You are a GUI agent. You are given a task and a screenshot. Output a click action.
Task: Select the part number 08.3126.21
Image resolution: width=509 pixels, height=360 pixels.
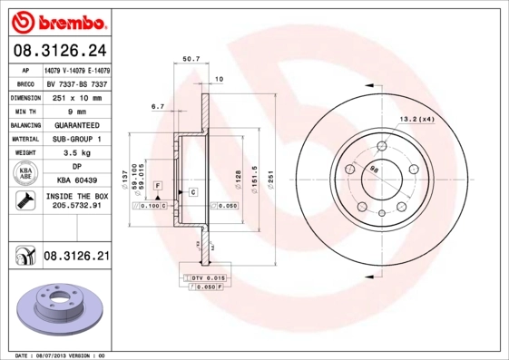75,258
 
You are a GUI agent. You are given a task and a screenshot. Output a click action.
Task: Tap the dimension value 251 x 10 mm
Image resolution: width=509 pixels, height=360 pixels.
75,96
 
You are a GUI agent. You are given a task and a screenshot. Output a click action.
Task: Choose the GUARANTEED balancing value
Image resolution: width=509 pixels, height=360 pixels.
76,124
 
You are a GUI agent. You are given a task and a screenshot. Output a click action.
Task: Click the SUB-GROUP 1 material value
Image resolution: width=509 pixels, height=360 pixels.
76,139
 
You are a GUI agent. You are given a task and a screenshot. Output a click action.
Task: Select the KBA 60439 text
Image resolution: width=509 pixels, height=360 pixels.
76,181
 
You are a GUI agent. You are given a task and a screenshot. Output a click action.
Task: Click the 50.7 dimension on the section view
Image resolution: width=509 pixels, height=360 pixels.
191,59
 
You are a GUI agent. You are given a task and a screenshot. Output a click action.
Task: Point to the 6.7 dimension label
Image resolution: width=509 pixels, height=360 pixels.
156,107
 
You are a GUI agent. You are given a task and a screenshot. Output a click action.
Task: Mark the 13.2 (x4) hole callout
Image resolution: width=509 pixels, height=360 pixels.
416,119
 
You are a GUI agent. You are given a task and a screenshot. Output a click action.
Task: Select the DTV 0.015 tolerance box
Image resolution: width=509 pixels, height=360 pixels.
210,277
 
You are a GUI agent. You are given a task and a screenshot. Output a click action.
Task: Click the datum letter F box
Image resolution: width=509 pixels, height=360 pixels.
158,186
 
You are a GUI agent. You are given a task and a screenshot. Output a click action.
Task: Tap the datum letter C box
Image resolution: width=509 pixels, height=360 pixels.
192,192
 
